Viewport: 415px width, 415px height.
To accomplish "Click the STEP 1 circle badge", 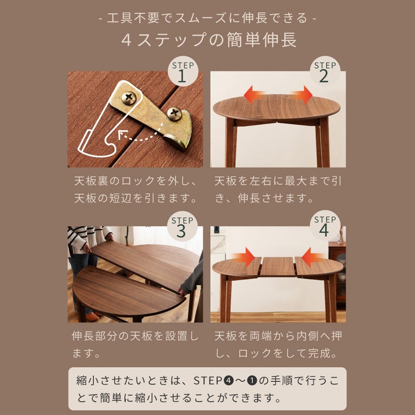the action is click(x=183, y=72).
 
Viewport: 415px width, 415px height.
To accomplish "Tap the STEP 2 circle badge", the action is click(x=325, y=71).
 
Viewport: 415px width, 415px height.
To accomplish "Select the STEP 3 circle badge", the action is click(x=182, y=227).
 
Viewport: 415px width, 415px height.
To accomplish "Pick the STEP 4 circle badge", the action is click(x=325, y=226).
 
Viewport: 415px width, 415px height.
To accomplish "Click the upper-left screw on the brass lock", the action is click(x=129, y=98).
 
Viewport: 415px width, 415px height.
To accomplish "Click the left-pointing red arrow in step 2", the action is click(x=254, y=95).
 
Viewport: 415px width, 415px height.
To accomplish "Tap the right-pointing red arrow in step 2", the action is click(x=302, y=95).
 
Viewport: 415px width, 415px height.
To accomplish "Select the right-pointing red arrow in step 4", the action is click(x=243, y=257).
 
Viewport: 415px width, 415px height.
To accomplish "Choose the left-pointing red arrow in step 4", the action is click(x=313, y=257).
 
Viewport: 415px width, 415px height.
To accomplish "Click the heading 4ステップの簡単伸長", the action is click(x=209, y=40).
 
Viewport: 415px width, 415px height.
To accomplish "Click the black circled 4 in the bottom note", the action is click(x=228, y=381).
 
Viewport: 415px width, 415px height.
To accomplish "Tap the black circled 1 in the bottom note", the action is click(x=252, y=381).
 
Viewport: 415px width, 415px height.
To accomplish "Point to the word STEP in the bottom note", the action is click(x=208, y=381).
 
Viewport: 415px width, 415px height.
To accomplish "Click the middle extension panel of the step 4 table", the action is click(x=278, y=266).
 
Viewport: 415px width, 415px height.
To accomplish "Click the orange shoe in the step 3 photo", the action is click(x=92, y=317).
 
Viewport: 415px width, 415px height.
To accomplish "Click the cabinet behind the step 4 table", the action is click(x=337, y=273).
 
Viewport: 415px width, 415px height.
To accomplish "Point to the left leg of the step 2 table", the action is click(x=231, y=143).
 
